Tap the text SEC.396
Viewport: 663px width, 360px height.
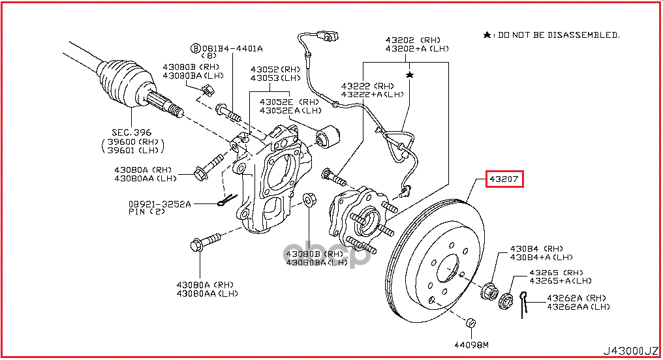click(x=131, y=132)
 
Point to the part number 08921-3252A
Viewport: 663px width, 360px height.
click(x=159, y=204)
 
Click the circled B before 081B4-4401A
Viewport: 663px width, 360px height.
click(x=194, y=48)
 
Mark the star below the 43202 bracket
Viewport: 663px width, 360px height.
click(x=410, y=76)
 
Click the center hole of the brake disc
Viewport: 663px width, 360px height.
click(x=448, y=269)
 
